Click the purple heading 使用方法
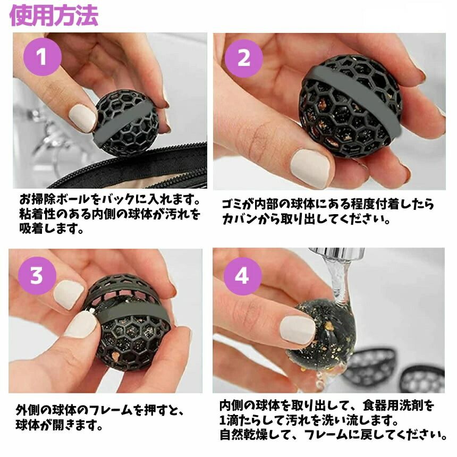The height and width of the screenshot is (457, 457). click(54, 15)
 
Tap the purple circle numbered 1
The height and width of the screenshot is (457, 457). click(43, 56)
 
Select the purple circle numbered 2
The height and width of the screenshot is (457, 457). click(244, 58)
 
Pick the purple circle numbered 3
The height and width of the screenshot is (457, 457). click(37, 275)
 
